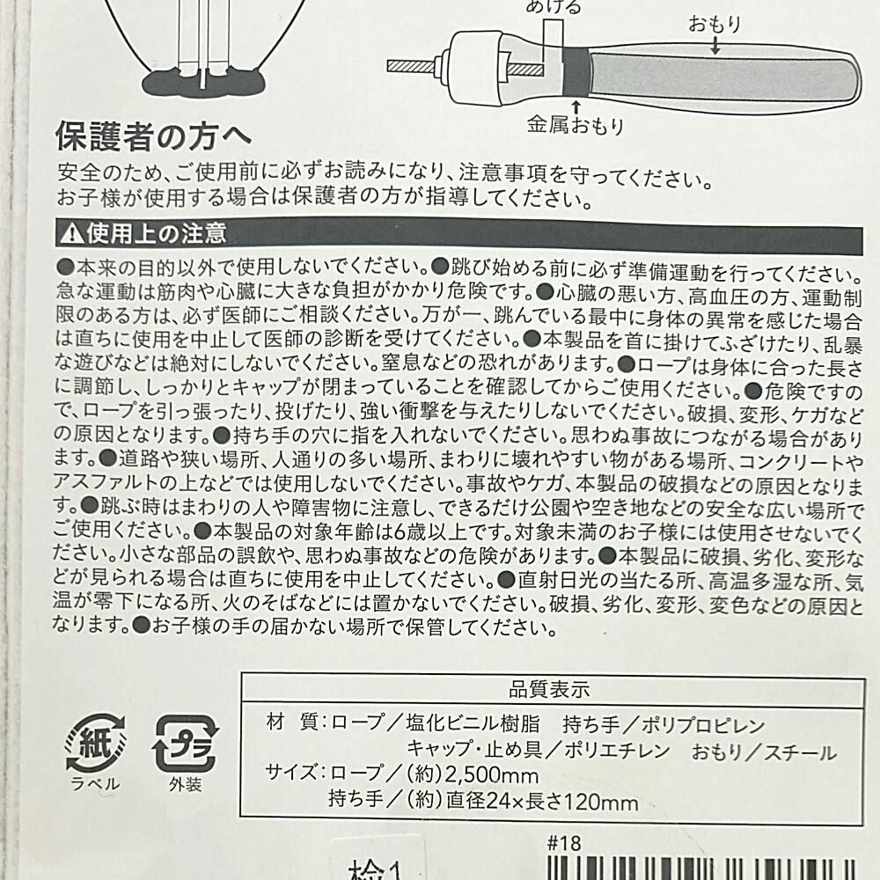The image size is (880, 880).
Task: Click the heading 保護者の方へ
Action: [153, 136]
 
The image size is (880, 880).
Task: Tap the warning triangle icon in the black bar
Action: [72, 233]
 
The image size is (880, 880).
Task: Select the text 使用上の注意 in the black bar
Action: [157, 233]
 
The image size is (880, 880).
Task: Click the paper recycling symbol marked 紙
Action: [95, 743]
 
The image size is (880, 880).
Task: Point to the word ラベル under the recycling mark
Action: [95, 783]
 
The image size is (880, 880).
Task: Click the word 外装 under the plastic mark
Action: [185, 784]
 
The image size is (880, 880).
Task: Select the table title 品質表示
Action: [549, 689]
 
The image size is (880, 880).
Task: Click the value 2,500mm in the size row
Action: [492, 774]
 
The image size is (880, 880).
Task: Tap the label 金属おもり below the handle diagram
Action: [576, 125]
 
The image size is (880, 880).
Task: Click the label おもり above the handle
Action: [715, 24]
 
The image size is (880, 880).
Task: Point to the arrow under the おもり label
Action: [715, 46]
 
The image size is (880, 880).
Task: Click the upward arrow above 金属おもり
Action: [576, 106]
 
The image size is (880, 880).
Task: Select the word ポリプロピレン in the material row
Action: [703, 725]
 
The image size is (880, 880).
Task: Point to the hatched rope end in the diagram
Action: [410, 66]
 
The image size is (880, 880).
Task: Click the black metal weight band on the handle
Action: [576, 73]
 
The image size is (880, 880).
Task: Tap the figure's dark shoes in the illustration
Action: [203, 82]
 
